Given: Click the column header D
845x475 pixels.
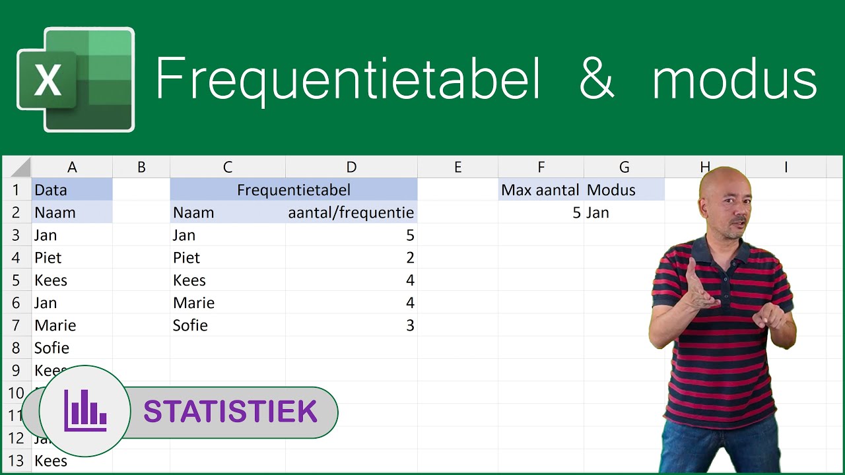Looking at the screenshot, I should pos(351,168).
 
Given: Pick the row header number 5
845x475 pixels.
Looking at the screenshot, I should pos(17,280).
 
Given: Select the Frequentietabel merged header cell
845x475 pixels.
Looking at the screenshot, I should pos(294,190).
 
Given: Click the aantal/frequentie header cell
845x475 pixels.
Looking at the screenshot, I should pos(351,212).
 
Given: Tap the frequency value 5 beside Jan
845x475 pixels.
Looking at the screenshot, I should pos(410,236).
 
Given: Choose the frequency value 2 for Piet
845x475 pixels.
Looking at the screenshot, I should pos(410,258).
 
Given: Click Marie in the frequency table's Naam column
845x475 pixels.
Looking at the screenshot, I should pos(193,303).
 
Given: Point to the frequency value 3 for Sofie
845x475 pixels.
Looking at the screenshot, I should pos(410,325).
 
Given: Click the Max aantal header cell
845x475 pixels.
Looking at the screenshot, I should pos(541,190).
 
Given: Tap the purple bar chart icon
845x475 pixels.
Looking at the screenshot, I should pos(85,410).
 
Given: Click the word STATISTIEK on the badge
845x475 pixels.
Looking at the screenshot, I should pos(230,412).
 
